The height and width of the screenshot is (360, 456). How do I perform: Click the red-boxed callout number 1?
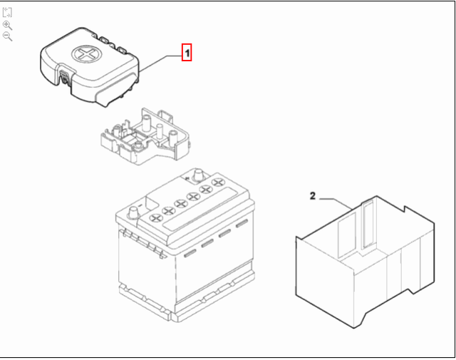(187, 52)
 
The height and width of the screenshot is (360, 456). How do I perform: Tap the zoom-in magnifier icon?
(8, 24)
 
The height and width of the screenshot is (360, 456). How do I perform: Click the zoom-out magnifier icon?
(8, 36)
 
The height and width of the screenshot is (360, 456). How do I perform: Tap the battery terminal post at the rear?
(199, 174)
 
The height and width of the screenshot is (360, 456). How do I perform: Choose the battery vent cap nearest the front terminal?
(155, 217)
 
